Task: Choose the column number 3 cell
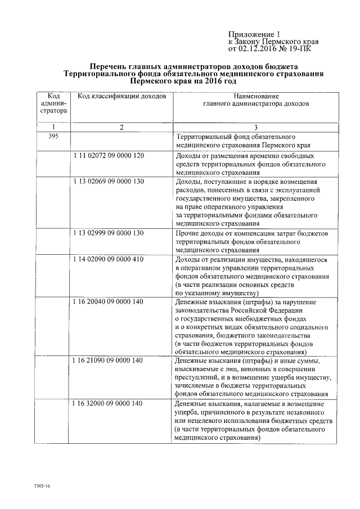[x=255, y=128]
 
